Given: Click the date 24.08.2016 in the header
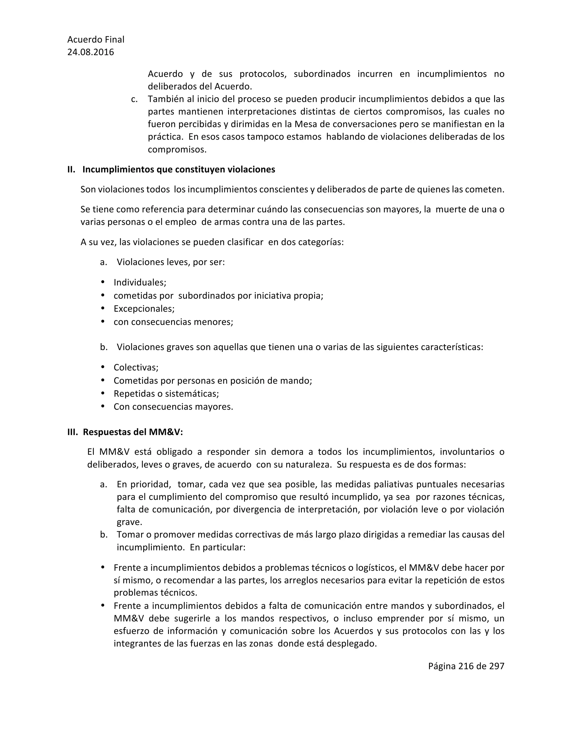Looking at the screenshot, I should click(90, 52).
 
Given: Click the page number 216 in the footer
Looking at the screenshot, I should click(466, 666).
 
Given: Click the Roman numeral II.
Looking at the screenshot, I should click(71, 170).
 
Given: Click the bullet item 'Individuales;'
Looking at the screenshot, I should click(140, 282).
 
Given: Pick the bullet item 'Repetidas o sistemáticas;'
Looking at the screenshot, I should click(166, 393).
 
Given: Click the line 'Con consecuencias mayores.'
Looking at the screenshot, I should click(173, 407).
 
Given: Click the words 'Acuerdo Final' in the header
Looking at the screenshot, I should click(96, 40).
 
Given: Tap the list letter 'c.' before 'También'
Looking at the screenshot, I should click(134, 99).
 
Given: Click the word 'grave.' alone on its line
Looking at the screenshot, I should click(129, 522).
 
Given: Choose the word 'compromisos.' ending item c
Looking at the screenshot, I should click(177, 149).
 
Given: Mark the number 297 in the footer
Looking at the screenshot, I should click(497, 666).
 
